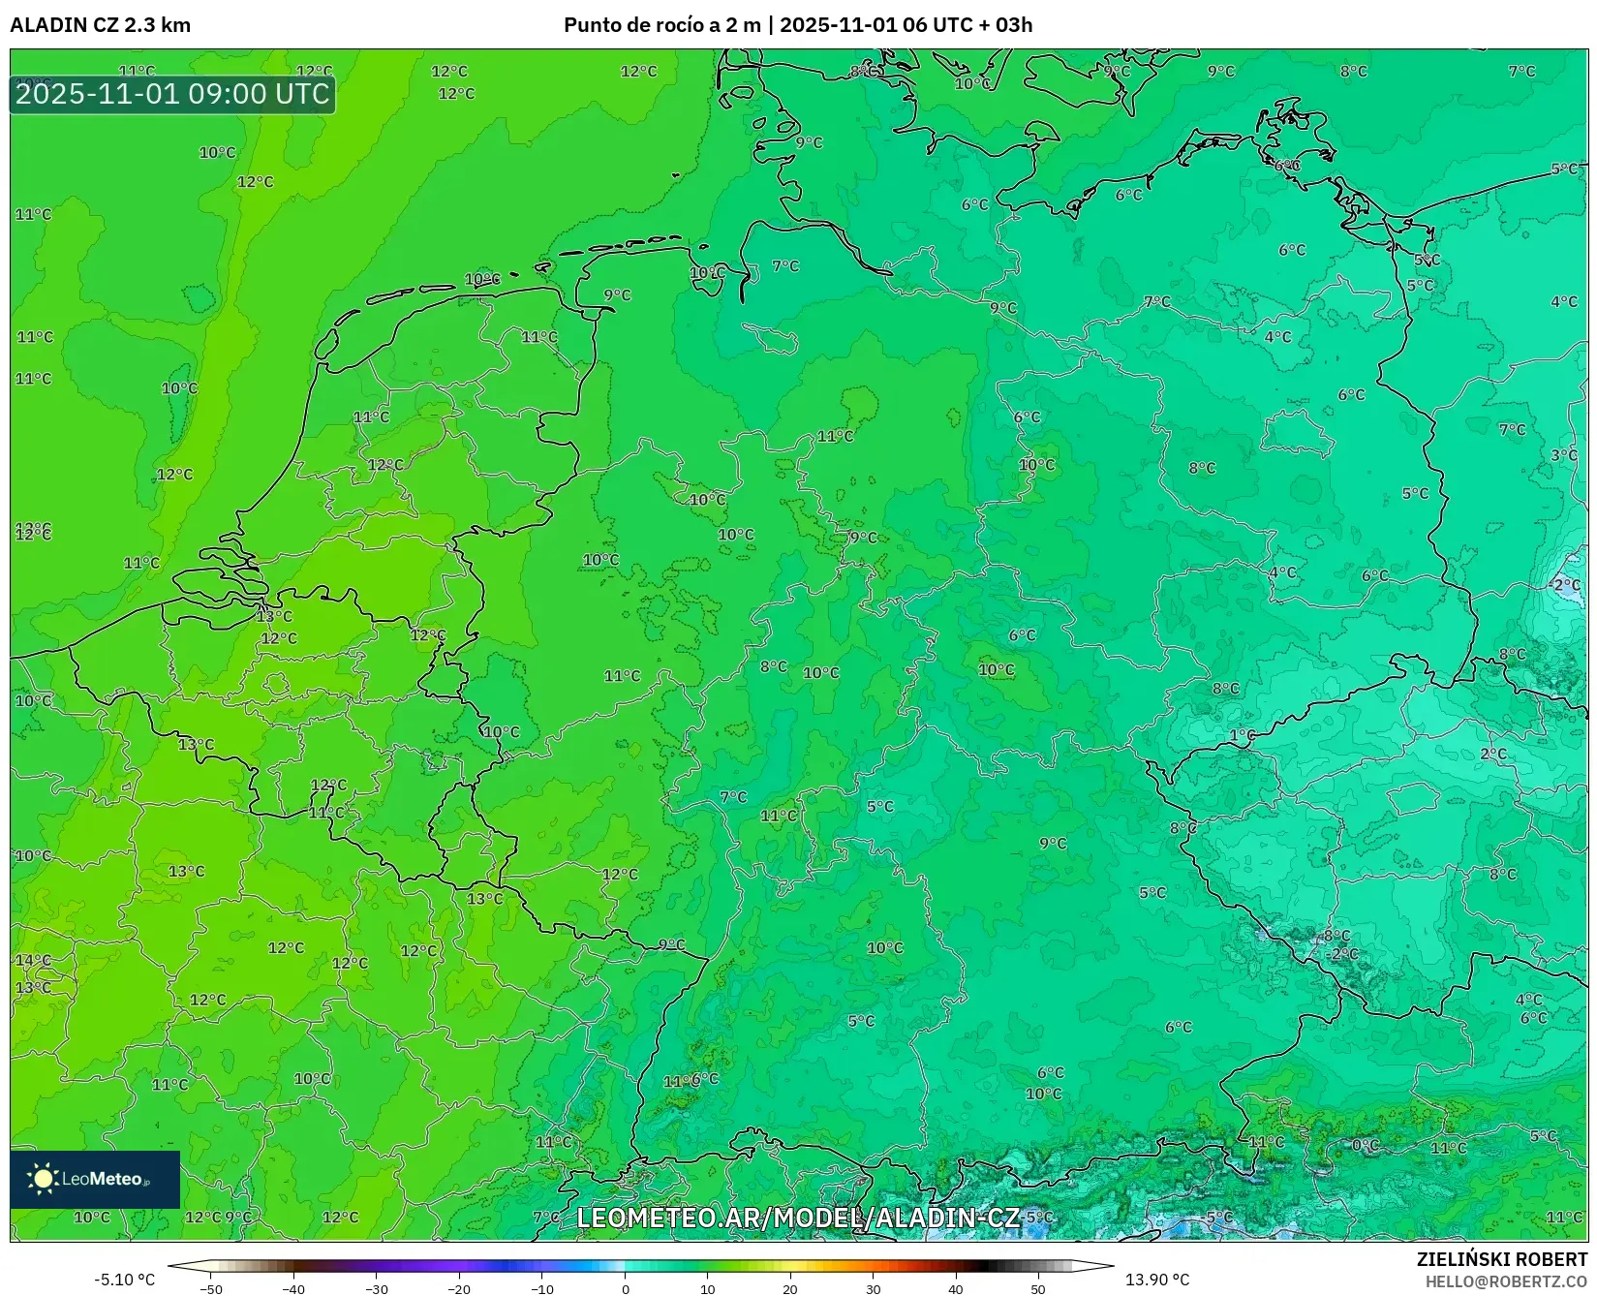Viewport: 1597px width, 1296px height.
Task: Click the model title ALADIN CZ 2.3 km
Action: (100, 25)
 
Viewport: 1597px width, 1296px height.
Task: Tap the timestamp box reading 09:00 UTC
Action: (172, 94)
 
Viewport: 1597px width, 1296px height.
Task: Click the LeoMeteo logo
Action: (95, 1179)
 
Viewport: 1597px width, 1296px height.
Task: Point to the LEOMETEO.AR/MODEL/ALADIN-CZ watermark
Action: (798, 1218)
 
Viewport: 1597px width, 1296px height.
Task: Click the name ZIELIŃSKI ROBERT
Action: (1502, 1259)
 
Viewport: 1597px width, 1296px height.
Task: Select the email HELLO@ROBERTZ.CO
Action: (1506, 1281)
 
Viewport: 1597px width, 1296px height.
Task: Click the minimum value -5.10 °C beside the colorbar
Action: (124, 1280)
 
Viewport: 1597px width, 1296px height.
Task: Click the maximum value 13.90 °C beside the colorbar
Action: (1157, 1280)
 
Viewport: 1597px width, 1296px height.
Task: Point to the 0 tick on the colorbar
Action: (626, 1288)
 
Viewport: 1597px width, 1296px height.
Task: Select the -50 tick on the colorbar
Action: (210, 1288)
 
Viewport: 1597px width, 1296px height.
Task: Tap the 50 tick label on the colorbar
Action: (1038, 1288)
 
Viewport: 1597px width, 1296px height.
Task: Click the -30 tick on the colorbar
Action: (376, 1288)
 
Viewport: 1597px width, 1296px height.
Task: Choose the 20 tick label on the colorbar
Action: (790, 1288)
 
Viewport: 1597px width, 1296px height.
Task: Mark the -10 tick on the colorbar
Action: (541, 1288)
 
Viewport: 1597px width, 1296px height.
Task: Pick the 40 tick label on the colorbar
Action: (956, 1288)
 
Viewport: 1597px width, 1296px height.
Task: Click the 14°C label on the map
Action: (33, 960)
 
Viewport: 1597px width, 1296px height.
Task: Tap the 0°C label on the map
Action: (1365, 1145)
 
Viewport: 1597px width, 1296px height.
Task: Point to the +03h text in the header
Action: (1013, 25)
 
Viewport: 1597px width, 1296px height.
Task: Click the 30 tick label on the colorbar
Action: (874, 1288)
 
